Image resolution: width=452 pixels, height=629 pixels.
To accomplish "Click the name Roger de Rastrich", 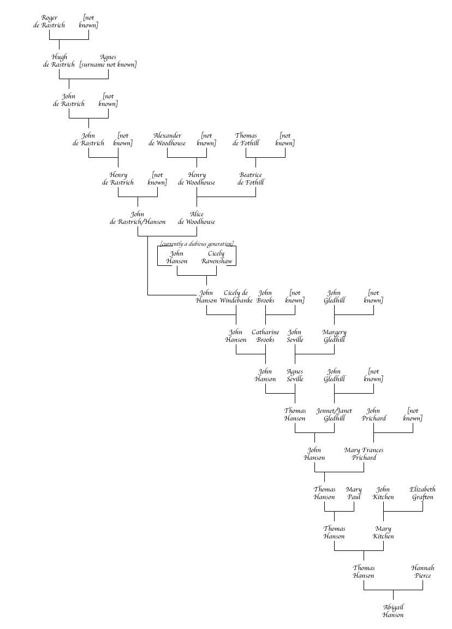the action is pyautogui.click(x=49, y=21).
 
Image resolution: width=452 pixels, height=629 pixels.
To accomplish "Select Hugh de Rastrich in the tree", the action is pyautogui.click(x=59, y=61).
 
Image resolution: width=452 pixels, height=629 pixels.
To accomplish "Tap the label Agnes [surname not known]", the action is pyautogui.click(x=108, y=61).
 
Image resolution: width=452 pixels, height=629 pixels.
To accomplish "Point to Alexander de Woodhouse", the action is pyautogui.click(x=167, y=139).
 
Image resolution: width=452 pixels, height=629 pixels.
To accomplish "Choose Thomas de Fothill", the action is pyautogui.click(x=246, y=139).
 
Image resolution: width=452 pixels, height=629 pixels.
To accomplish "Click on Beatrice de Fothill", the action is pyautogui.click(x=251, y=179).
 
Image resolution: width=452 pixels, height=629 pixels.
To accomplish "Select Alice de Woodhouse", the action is pyautogui.click(x=197, y=218).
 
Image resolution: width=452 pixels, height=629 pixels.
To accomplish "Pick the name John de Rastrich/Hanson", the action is pyautogui.click(x=138, y=218).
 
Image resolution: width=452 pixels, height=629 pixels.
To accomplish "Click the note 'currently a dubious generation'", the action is pyautogui.click(x=197, y=244).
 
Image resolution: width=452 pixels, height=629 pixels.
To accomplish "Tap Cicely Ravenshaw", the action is pyautogui.click(x=217, y=257).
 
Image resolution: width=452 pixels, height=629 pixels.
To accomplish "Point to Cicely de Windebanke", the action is pyautogui.click(x=236, y=296).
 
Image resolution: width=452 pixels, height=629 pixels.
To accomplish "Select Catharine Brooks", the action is pyautogui.click(x=265, y=336).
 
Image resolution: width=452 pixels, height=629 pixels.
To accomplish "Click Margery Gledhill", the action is pyautogui.click(x=334, y=336).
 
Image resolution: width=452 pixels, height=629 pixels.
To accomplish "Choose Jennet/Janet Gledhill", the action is pyautogui.click(x=334, y=414).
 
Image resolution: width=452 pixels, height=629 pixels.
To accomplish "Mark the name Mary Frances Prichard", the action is pyautogui.click(x=364, y=454).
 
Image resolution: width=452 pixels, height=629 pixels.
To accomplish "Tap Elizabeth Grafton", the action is pyautogui.click(x=423, y=493).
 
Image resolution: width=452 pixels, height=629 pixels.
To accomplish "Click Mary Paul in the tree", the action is pyautogui.click(x=354, y=493).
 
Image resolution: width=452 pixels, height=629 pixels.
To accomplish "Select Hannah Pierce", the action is pyautogui.click(x=423, y=572).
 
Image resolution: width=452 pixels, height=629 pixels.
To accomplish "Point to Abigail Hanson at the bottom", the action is pyautogui.click(x=393, y=611).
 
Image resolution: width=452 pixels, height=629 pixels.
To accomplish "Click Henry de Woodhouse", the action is pyautogui.click(x=197, y=179).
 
